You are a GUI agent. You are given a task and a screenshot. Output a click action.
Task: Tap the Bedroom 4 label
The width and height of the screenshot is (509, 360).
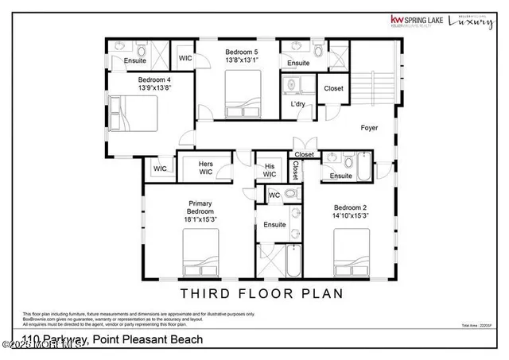[155, 80]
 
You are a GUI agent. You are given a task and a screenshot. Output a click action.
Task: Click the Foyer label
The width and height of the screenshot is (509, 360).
[369, 127]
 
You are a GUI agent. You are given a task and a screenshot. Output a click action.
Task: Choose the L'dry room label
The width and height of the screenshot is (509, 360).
[298, 104]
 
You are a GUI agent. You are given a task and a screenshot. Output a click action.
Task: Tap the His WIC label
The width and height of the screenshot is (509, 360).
[270, 169]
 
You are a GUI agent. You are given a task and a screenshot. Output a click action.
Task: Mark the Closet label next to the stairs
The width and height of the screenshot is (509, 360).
[332, 88]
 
